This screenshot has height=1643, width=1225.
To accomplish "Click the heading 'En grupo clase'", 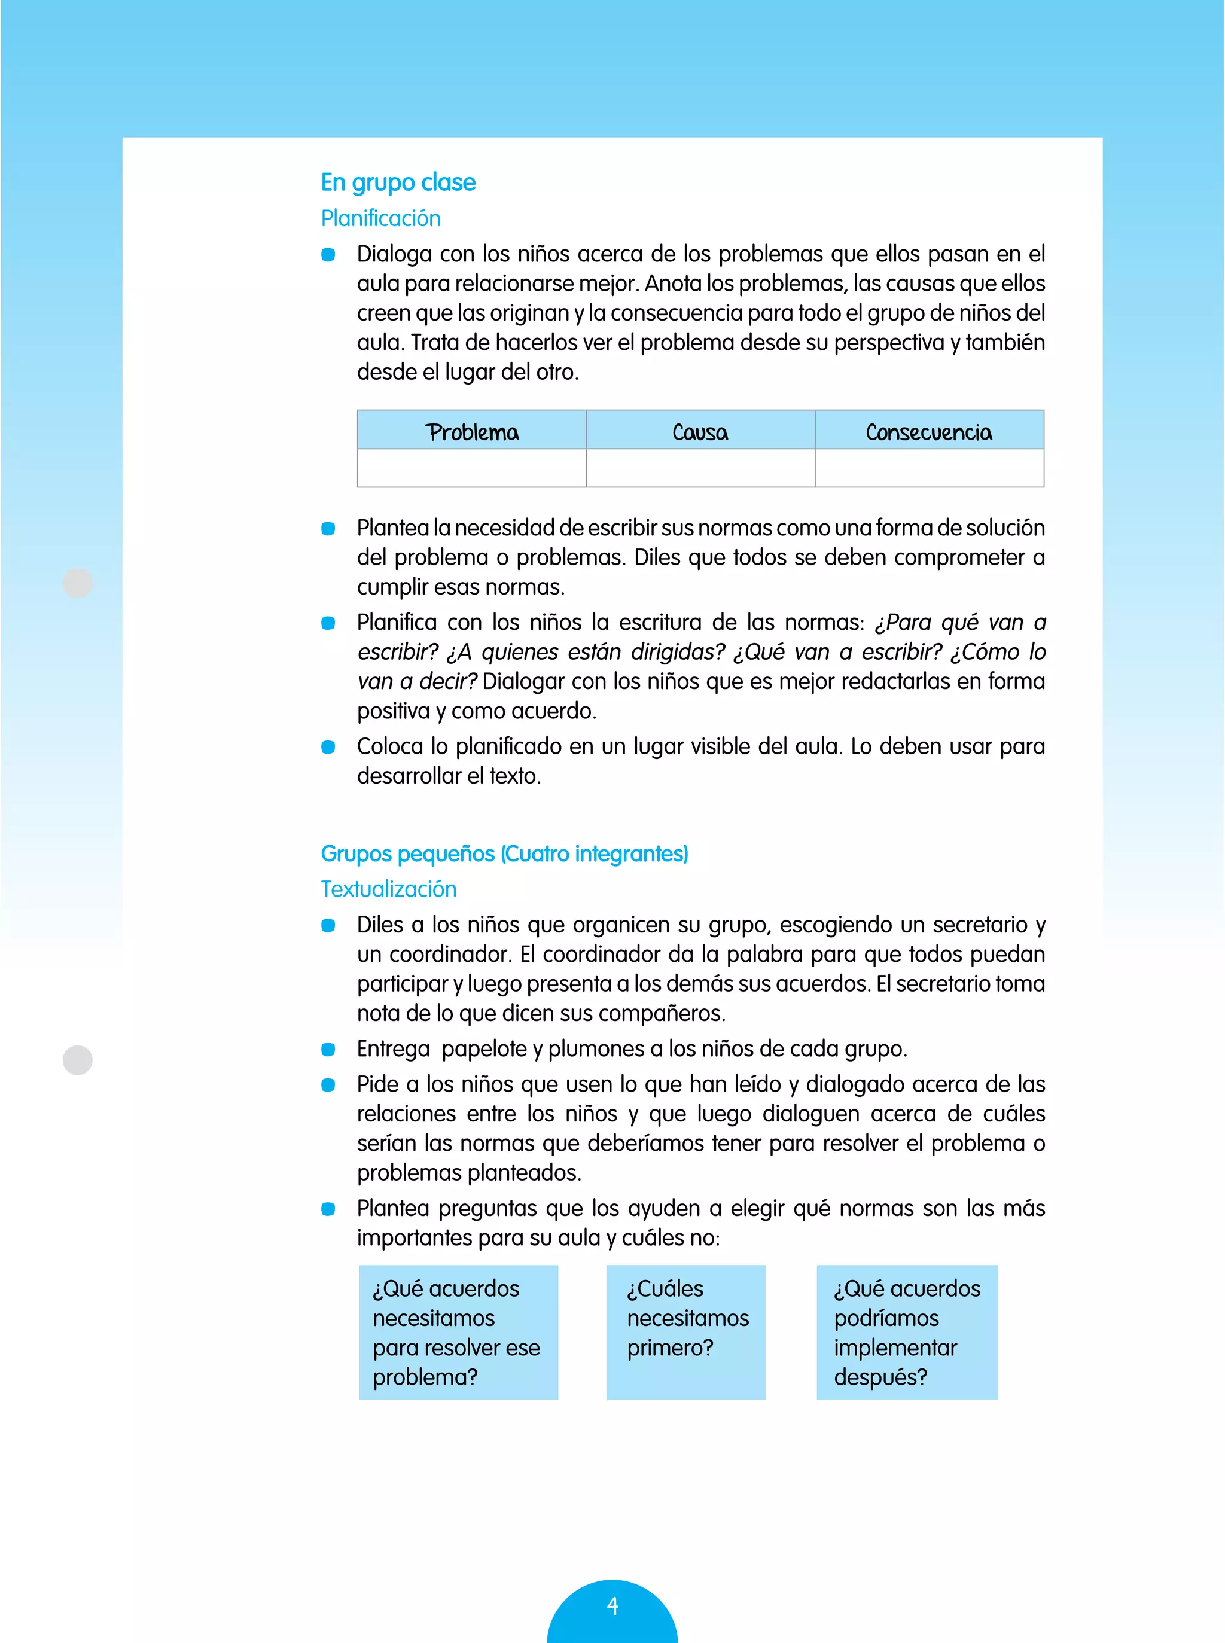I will (x=398, y=182).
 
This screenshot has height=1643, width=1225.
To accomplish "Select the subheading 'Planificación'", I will (x=380, y=219).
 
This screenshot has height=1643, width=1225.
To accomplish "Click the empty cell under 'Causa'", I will (x=700, y=468).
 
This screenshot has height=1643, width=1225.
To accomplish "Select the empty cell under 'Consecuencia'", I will (x=928, y=468).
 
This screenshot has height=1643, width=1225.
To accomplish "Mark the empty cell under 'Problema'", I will (x=471, y=468).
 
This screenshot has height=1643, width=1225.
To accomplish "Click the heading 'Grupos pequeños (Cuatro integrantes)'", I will (x=504, y=853).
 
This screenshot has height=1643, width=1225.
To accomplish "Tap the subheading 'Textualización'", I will (x=389, y=889).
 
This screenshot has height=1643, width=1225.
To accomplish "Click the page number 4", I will (x=612, y=1606).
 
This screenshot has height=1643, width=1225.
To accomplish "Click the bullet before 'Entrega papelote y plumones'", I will (x=328, y=1049).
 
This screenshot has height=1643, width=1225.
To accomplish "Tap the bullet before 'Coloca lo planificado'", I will (x=328, y=746).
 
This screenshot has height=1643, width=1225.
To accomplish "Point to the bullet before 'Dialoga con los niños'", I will (x=328, y=254).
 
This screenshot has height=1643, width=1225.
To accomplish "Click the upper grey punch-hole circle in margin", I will (x=78, y=583).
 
